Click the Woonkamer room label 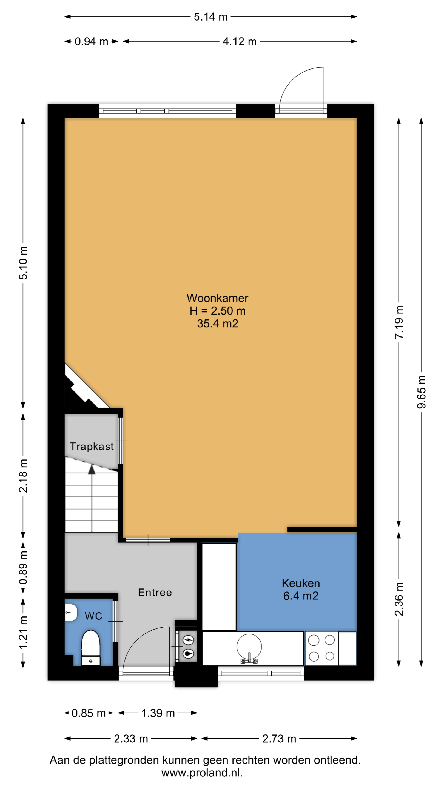tap(217, 298)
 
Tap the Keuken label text tap(301, 583)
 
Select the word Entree tap(155, 592)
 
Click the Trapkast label tap(92, 447)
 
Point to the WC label tap(93, 616)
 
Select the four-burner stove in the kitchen tap(321, 648)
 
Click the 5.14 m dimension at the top tap(210, 17)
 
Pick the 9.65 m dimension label tap(421, 392)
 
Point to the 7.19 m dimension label tap(399, 322)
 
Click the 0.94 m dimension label tap(91, 41)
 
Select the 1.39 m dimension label tap(158, 713)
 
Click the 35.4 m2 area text tap(218, 324)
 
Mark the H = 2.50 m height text tap(218, 311)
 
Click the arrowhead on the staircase tap(92, 469)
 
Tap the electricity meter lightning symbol tap(188, 640)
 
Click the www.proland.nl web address tap(202, 773)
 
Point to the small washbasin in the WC tap(70, 613)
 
